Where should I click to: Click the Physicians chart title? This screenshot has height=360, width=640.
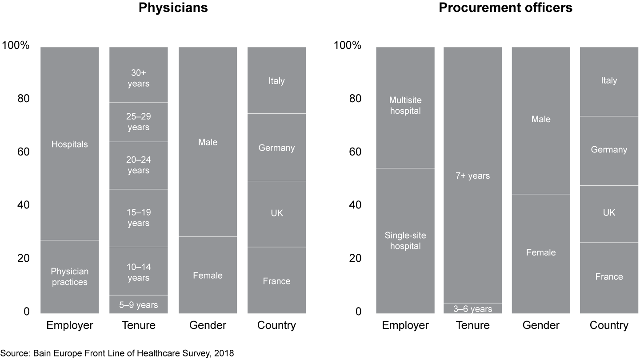coord(167,8)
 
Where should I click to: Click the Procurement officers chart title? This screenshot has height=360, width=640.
coord(505,8)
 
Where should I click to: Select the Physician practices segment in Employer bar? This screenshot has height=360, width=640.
coord(69,276)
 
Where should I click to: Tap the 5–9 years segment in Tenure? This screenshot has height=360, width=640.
coord(138,305)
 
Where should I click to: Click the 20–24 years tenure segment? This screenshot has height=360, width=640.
coord(138,165)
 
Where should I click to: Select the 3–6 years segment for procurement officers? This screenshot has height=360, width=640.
coord(472,308)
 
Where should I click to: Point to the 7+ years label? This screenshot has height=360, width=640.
coord(472,176)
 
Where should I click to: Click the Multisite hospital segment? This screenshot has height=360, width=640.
coord(405,107)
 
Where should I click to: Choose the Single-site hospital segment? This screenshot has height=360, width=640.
coord(405,240)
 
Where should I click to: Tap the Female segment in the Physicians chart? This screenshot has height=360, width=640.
coord(208,275)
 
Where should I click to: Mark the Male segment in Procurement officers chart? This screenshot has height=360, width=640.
coord(540,120)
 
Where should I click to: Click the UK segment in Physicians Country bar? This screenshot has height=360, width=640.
coord(276,213)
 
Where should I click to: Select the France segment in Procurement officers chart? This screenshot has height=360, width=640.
coord(609,277)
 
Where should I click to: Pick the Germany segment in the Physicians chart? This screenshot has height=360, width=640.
coord(276,148)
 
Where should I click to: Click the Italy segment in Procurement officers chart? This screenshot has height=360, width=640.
coord(609,81)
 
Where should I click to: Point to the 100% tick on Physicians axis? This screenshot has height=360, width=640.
coord(16,46)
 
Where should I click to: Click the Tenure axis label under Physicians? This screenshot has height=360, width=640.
coord(138,325)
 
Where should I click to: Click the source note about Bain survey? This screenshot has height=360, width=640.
coord(117,353)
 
